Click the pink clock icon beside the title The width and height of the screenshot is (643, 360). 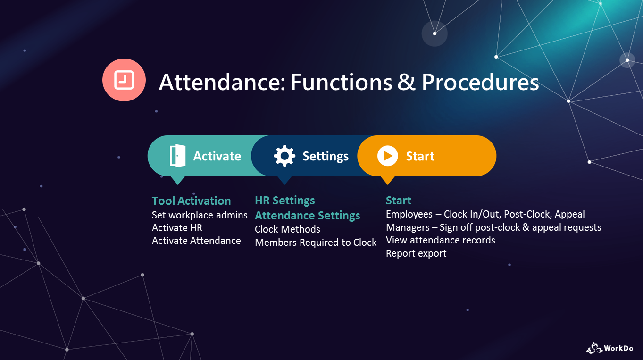pos(124,80)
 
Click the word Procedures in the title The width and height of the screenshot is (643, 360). pos(480,83)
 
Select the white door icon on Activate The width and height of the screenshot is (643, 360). pos(178,156)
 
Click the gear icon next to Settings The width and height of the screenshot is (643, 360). pos(284,156)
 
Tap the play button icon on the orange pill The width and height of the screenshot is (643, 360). pos(387,156)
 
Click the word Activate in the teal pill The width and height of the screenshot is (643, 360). pos(217,156)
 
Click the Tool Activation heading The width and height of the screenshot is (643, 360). pos(191,201)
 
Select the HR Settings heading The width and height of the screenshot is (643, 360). pos(285,201)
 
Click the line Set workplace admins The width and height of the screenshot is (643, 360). pos(200,215)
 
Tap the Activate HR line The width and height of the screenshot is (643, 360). pos(177,228)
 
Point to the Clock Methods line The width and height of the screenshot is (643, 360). pos(287,229)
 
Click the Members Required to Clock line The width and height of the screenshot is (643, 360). pos(316,243)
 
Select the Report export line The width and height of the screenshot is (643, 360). pos(416,253)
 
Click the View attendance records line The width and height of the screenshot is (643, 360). pos(440,240)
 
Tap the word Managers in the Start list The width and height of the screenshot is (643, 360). pos(408,228)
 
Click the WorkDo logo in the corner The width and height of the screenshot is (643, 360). pos(610,348)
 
